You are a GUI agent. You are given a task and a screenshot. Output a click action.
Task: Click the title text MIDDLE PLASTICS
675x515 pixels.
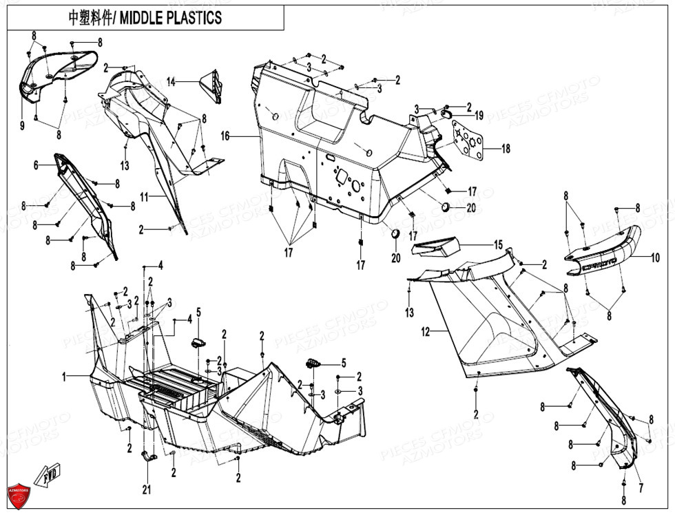tap(171, 18)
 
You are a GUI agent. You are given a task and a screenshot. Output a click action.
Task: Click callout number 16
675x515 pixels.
tap(225, 136)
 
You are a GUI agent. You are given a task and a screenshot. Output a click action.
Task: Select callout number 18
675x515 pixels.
tap(506, 149)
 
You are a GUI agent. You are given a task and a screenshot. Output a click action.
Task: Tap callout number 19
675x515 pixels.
tap(479, 115)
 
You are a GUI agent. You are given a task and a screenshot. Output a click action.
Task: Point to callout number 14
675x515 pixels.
tap(171, 82)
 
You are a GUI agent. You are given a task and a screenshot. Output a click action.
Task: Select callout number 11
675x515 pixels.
tap(144, 197)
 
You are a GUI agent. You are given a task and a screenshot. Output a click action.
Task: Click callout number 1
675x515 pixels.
tap(64, 377)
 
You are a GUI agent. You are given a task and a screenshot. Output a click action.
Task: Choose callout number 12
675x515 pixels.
tap(425, 332)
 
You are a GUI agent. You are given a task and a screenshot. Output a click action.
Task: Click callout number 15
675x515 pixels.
tap(497, 244)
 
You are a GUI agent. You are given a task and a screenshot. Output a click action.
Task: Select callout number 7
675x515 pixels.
tap(640, 488)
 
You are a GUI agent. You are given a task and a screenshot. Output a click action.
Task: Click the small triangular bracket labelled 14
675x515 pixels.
tap(211, 84)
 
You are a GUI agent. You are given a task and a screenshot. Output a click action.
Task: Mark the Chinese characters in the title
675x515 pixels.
tap(92, 18)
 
